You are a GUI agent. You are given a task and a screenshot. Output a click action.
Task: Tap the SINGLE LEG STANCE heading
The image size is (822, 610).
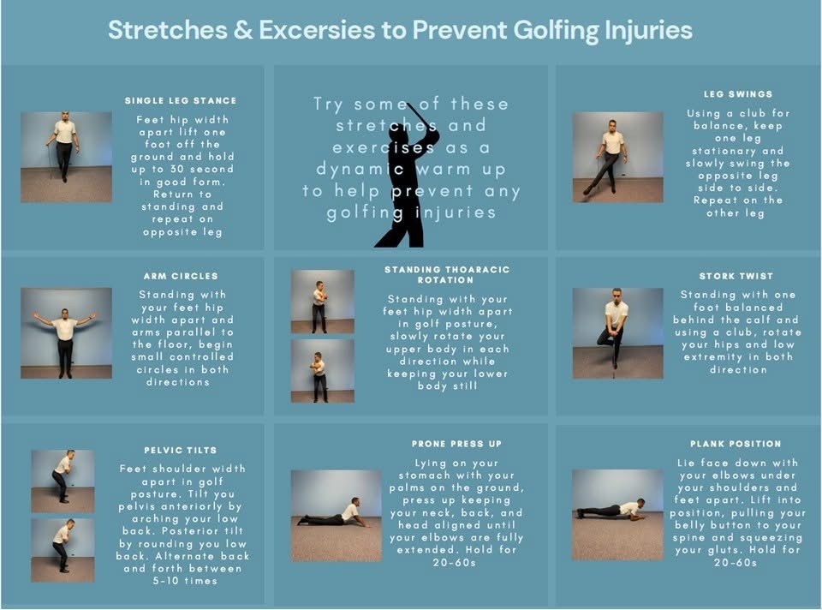point(181,101)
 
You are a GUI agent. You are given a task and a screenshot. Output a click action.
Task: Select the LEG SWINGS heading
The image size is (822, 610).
point(738,94)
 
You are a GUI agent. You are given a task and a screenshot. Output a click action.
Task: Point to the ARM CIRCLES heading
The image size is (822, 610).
point(181,276)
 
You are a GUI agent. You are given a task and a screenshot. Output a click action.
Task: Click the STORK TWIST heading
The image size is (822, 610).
point(736,276)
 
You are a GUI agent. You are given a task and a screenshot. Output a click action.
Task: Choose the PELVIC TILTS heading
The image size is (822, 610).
point(181,450)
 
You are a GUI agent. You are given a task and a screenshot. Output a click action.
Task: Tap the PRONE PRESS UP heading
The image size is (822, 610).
point(456,444)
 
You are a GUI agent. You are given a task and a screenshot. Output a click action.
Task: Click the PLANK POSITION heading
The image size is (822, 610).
point(736,444)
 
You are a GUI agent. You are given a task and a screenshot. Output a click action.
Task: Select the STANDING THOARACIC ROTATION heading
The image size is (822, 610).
point(447,275)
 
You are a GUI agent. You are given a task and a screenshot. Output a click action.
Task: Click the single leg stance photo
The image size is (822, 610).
point(66,157)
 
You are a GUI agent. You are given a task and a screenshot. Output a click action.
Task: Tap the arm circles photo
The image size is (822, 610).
point(66,332)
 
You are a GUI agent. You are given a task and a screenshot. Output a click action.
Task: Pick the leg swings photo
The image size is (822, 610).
point(617,157)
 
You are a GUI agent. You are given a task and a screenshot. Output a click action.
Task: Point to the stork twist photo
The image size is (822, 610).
point(617,333)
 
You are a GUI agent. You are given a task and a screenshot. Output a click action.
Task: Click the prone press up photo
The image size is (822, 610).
point(337,516)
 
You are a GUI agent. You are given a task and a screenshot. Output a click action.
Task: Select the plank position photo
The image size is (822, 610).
point(617,515)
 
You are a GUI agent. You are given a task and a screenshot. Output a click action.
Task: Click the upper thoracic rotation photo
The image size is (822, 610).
point(323,302)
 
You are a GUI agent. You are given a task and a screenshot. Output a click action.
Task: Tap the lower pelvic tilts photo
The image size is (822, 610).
point(63,550)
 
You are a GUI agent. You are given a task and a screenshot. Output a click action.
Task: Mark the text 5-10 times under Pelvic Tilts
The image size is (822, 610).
point(185,581)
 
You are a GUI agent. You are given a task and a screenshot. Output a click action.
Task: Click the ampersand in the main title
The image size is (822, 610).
point(243,30)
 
